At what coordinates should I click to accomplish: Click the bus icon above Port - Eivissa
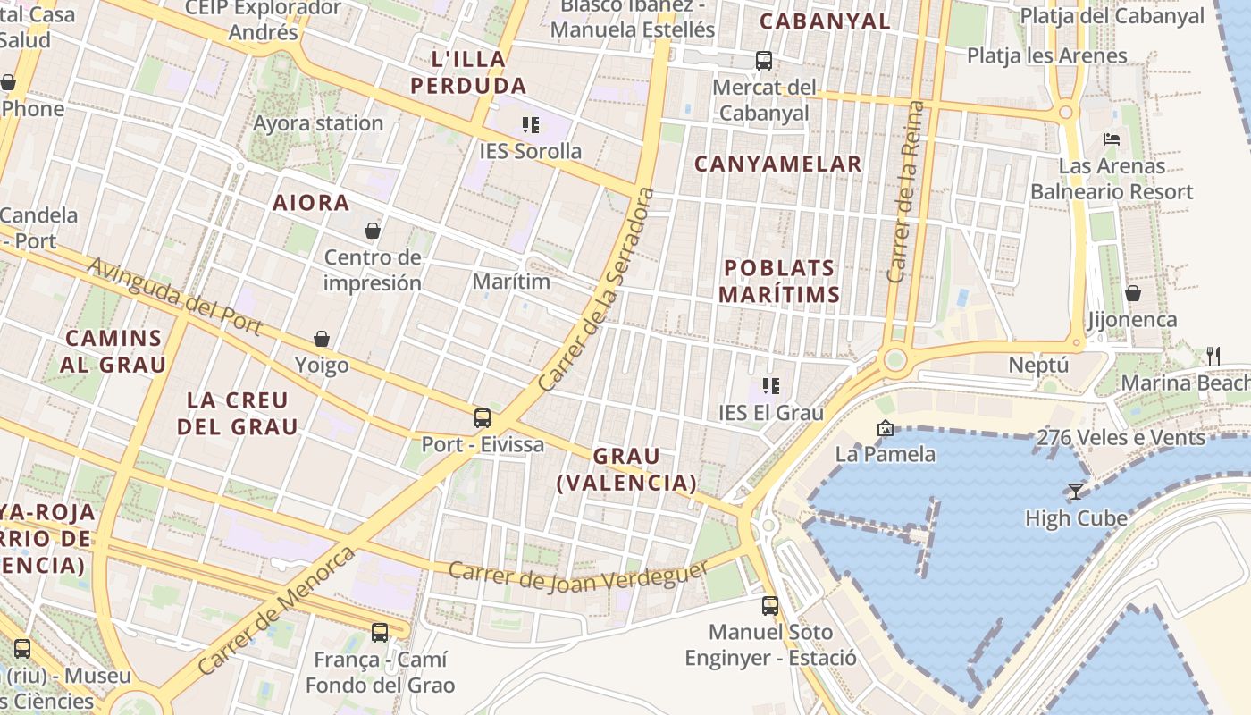(483, 417)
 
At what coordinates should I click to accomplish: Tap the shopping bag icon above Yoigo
(322, 339)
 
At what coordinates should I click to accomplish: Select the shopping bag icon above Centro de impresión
(373, 231)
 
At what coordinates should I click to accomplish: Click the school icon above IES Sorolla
(531, 125)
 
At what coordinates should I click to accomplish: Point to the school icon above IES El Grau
(771, 386)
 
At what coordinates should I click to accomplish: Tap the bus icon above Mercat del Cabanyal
(764, 61)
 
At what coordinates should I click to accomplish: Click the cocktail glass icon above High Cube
(1076, 491)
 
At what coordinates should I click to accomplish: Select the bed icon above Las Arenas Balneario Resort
(1112, 139)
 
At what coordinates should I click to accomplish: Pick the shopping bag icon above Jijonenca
(1133, 292)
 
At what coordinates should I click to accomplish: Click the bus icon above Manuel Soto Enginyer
(770, 605)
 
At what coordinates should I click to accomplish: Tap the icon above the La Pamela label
(886, 428)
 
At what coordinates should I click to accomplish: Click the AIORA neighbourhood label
(311, 203)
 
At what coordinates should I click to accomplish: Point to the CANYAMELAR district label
(777, 164)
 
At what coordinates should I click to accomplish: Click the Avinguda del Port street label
(175, 298)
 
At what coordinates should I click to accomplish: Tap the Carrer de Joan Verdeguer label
(579, 577)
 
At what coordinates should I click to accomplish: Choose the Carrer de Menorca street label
(276, 610)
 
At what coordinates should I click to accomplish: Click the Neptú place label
(1038, 365)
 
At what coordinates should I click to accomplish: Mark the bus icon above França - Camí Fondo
(380, 633)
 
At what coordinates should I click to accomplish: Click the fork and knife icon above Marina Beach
(1213, 356)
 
